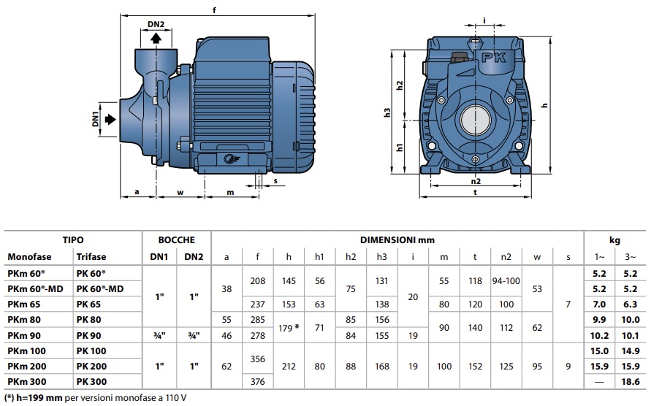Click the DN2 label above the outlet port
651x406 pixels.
(156, 24)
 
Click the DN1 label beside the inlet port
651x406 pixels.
(96, 119)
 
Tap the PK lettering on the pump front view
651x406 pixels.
(489, 55)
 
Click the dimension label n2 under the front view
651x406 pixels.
(476, 181)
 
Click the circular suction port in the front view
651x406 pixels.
(476, 118)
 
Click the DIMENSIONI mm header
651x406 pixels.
(397, 239)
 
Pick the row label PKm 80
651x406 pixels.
(24, 318)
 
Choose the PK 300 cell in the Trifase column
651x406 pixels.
(91, 381)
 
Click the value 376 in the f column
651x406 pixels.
(258, 381)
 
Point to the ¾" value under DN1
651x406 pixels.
(159, 334)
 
